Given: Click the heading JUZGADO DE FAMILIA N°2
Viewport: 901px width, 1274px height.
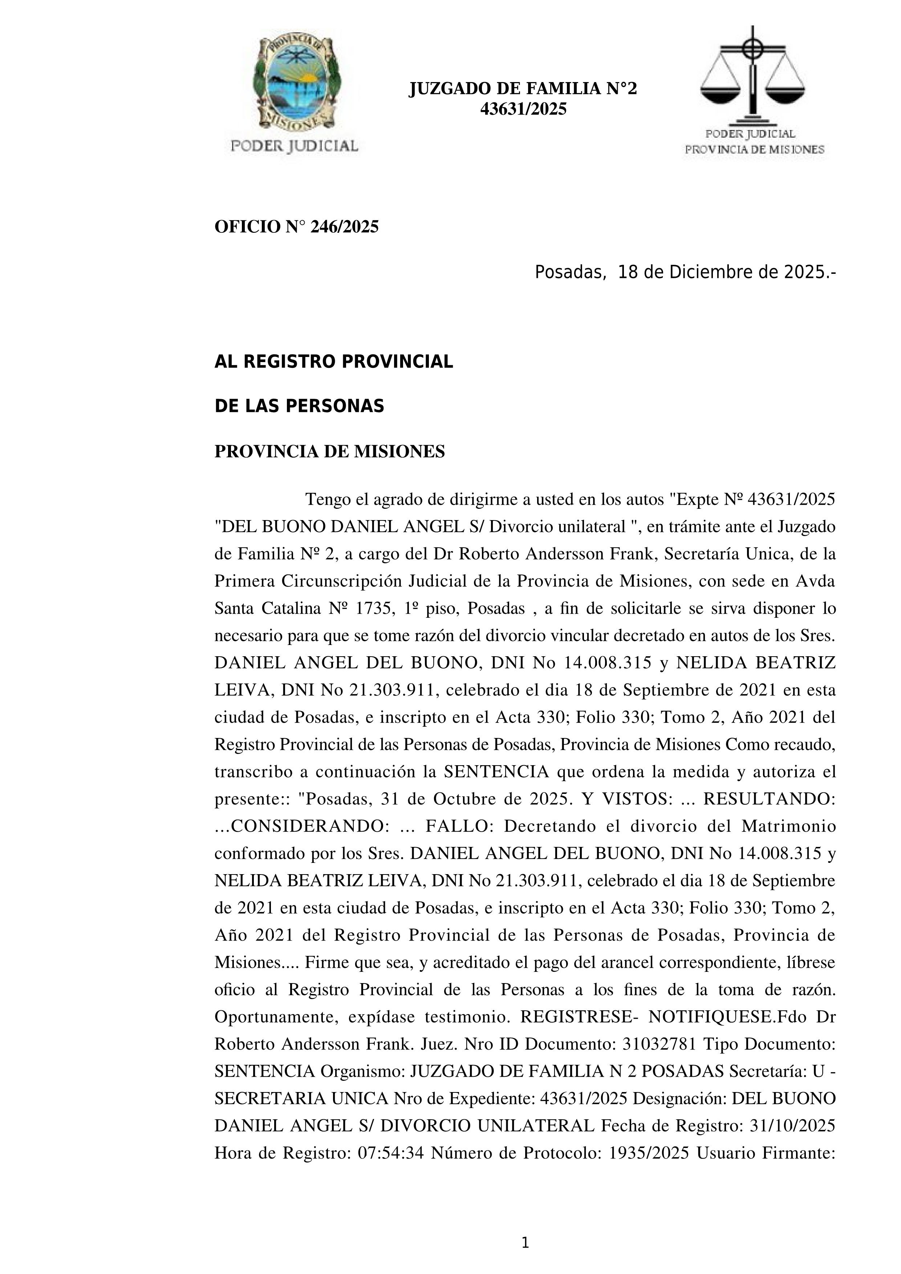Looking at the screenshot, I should pos(523,89).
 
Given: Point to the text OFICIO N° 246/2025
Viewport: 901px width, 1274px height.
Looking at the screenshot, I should pos(296,227).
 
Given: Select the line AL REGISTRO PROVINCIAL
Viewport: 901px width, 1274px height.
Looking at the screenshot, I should pos(333,362).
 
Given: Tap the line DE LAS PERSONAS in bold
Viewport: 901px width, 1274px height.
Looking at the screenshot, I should pos(299,407).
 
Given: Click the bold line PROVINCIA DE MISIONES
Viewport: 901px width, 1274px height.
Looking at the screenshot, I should pos(329,452).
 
